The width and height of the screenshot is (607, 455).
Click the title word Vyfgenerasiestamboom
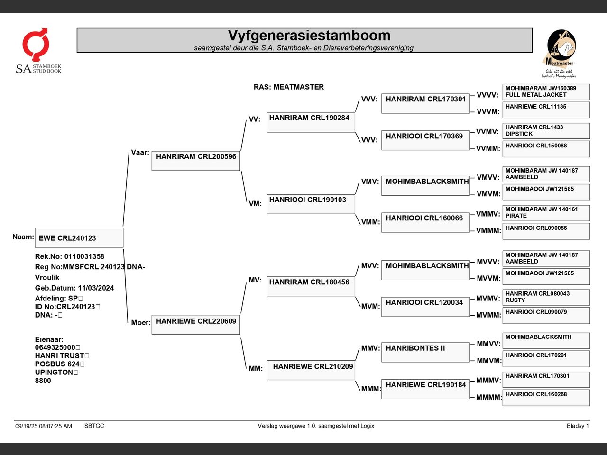pos(309,36)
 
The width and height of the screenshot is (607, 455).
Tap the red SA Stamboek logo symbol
pos(36,44)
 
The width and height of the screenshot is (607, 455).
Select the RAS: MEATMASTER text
pos(288,87)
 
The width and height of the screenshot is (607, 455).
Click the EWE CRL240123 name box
pos(79,237)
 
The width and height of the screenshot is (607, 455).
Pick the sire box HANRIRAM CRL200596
pos(196,161)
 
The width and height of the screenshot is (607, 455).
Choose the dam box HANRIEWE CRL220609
pos(196,325)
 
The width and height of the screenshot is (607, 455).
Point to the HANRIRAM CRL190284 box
pos(311,122)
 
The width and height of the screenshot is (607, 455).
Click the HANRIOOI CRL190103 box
pos(311,204)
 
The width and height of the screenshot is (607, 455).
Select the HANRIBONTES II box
pos(425,352)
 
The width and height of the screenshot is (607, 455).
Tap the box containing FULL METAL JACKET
pos(546,92)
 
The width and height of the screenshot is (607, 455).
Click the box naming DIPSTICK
pos(546,131)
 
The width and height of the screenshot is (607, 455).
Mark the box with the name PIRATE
pos(546,213)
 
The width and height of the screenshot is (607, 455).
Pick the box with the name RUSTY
pos(546,298)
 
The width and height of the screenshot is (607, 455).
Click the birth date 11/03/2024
pos(96,288)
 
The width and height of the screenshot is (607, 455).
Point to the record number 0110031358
pos(84,256)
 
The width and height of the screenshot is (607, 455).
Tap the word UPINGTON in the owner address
pos(54,373)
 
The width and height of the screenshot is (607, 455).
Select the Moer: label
pos(141,323)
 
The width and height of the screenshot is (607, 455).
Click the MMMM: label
pos(488,397)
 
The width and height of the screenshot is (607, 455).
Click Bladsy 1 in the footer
pos(578,426)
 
